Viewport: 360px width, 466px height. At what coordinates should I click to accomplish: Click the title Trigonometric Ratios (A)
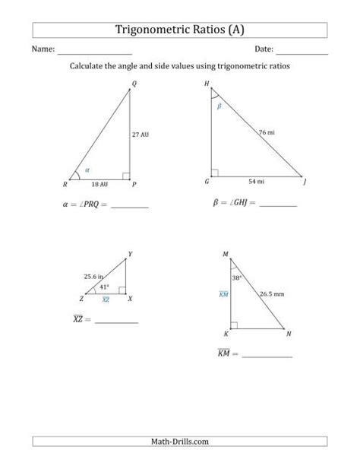pyautogui.click(x=179, y=30)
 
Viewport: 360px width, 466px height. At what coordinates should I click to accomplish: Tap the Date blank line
pyautogui.click(x=302, y=51)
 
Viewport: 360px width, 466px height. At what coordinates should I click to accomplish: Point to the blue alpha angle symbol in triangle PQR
pyautogui.click(x=87, y=170)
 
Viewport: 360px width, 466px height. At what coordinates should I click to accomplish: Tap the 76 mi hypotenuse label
pyautogui.click(x=266, y=132)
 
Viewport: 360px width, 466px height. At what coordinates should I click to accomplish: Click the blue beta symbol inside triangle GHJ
pyautogui.click(x=219, y=107)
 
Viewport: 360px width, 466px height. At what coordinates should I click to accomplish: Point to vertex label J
pyautogui.click(x=305, y=183)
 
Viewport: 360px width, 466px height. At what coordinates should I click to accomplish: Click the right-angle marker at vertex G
pyautogui.click(x=216, y=173)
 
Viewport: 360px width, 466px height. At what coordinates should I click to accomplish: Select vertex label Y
pyautogui.click(x=131, y=253)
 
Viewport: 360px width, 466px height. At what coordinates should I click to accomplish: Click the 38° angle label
pyautogui.click(x=237, y=277)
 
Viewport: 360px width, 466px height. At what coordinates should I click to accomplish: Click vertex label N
pyautogui.click(x=289, y=333)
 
